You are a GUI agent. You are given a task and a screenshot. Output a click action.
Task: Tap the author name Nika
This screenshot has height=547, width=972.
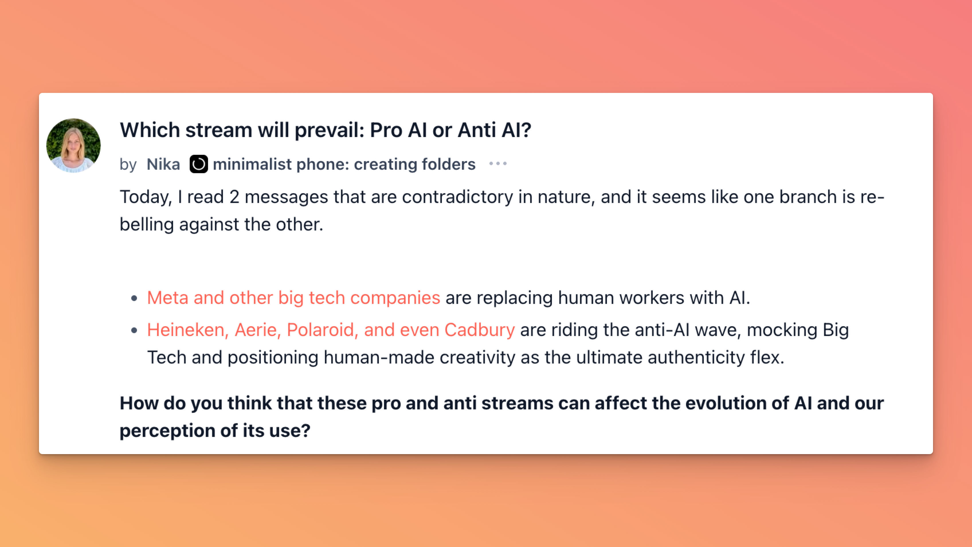click(x=163, y=164)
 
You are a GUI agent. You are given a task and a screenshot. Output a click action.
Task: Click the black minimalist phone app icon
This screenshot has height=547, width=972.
click(x=199, y=164)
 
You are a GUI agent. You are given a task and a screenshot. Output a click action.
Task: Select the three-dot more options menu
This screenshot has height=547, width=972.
click(x=498, y=164)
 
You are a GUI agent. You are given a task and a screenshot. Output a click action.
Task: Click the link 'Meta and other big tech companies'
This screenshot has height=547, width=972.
click(x=293, y=298)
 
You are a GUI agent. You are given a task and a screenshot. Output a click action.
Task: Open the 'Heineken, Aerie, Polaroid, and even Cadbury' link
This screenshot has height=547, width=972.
click(x=331, y=330)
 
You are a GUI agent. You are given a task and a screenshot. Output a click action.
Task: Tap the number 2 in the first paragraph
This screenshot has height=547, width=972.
click(x=234, y=197)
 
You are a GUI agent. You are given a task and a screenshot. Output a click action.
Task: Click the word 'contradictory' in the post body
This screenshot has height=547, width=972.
click(x=457, y=197)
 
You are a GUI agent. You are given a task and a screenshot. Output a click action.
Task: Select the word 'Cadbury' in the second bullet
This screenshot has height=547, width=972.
click(x=480, y=330)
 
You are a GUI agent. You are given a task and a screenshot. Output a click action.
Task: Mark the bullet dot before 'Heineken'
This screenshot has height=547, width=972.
click(x=134, y=330)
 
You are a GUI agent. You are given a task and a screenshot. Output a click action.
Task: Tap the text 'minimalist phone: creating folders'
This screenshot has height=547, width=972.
click(x=344, y=164)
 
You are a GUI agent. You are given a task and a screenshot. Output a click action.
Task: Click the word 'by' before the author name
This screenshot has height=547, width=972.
click(x=128, y=165)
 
